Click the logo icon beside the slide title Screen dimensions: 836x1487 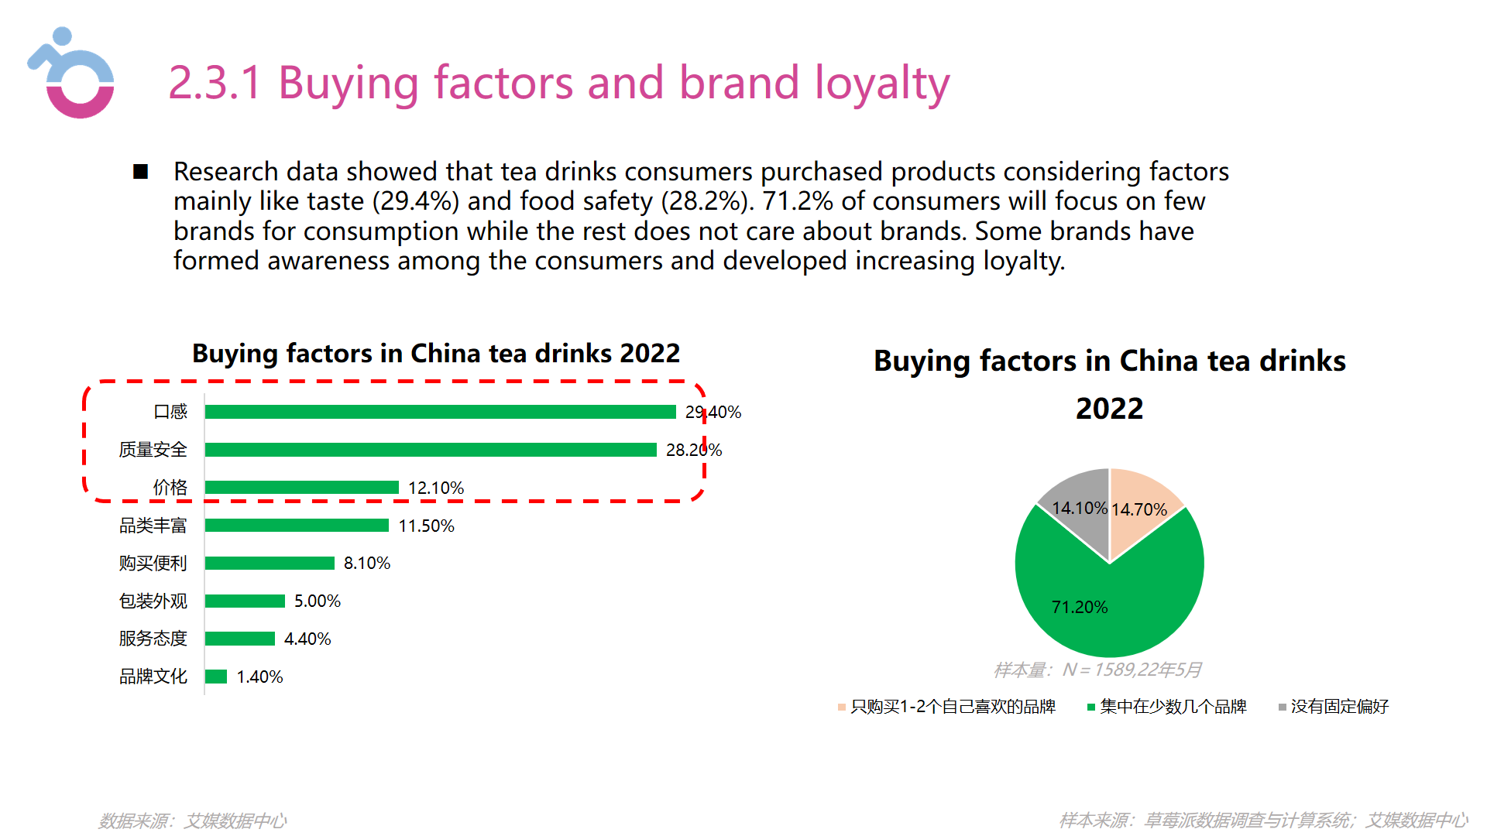tap(72, 74)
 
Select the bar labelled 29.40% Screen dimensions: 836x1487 tap(440, 412)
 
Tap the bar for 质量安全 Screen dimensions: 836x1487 tap(431, 450)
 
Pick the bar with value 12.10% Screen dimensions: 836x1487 tap(302, 488)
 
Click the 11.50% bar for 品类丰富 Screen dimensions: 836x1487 tap(297, 526)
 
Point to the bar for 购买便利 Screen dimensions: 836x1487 tap(270, 564)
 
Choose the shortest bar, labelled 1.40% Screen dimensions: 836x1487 tap(216, 677)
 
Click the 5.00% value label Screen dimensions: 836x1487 tap(318, 601)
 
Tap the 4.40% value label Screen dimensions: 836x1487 tap(307, 639)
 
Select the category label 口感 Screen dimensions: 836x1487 tap(170, 412)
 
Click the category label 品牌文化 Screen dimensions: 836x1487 tap(153, 677)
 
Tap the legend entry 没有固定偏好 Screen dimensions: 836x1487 tap(1339, 707)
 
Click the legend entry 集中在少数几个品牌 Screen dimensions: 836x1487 tap(1173, 707)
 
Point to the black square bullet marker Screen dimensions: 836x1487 tap(141, 172)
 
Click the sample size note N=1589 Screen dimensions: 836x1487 tap(1097, 670)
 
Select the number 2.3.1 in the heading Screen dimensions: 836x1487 tap(215, 83)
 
